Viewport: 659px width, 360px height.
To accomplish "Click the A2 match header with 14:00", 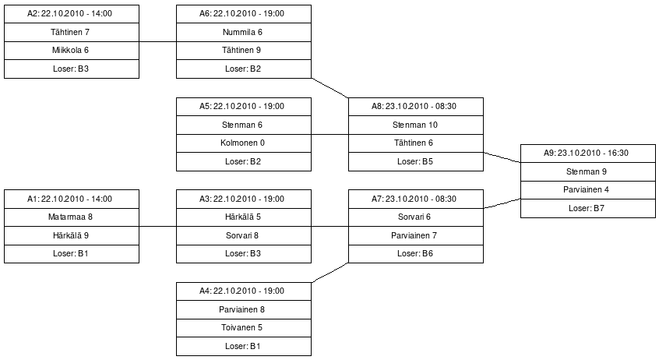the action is [x=72, y=14].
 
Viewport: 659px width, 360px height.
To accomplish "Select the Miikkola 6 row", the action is [x=72, y=51].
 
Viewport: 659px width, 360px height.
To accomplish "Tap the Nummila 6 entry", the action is [x=244, y=33].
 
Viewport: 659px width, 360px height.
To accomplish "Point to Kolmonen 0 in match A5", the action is [x=244, y=143].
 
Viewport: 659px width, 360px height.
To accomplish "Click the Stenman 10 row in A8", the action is [x=416, y=125].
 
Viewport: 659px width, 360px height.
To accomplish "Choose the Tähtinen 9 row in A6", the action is [x=244, y=51].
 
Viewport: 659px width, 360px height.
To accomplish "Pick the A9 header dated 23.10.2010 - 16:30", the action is [x=588, y=154].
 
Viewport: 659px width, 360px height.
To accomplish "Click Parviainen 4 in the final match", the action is [x=588, y=190].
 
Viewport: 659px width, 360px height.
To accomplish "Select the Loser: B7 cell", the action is [x=588, y=209].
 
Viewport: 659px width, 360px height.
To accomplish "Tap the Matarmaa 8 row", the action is [x=72, y=217].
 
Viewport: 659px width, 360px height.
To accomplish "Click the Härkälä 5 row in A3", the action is [x=244, y=217].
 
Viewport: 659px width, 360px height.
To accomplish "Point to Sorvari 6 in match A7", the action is [x=416, y=217].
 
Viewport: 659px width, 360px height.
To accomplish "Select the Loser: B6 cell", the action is [x=416, y=254].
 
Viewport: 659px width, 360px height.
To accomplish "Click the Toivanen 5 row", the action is [x=244, y=328].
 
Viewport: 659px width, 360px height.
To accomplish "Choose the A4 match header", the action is [x=244, y=291].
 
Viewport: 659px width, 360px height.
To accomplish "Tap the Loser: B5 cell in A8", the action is [x=416, y=162].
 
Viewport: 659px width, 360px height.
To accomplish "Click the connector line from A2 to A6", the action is [x=157, y=41].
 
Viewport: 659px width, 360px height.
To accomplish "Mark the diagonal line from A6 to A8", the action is [x=330, y=88].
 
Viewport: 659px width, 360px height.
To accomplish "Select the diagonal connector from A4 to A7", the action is [x=330, y=273].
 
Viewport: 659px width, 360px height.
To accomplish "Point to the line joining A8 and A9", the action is [x=502, y=157].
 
